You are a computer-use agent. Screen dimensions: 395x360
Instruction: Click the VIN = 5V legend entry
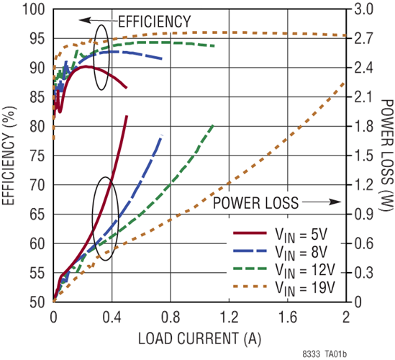pos(280,235)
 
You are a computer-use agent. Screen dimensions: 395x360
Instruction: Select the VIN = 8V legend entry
pos(281,252)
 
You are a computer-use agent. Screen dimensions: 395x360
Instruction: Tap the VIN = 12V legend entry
pos(284,270)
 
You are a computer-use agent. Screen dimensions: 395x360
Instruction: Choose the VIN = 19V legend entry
pos(284,288)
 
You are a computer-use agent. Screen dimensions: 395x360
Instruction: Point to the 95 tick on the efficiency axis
pos(37,39)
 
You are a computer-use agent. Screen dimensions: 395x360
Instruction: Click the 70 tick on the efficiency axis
pos(37,185)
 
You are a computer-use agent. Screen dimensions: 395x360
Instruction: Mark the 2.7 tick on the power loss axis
pos(363,39)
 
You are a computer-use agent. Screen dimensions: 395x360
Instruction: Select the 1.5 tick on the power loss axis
pos(363,156)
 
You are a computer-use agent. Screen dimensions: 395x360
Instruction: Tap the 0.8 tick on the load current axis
pos(171,317)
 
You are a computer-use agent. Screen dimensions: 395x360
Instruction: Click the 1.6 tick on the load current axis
pos(287,317)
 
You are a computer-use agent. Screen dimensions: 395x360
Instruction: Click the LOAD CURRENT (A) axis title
pos(199,338)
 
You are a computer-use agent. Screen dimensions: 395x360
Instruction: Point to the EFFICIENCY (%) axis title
pos(9,156)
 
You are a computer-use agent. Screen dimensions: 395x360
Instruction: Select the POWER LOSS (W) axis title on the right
pos(386,154)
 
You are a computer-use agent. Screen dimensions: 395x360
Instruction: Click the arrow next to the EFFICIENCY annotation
pos(99,20)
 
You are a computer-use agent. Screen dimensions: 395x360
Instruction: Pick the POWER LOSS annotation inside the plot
pos(255,203)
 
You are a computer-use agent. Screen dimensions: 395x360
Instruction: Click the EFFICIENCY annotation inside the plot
pos(155,22)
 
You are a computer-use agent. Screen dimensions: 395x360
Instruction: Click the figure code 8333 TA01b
pos(324,354)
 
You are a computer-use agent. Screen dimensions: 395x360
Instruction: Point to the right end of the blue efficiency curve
pos(161,59)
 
